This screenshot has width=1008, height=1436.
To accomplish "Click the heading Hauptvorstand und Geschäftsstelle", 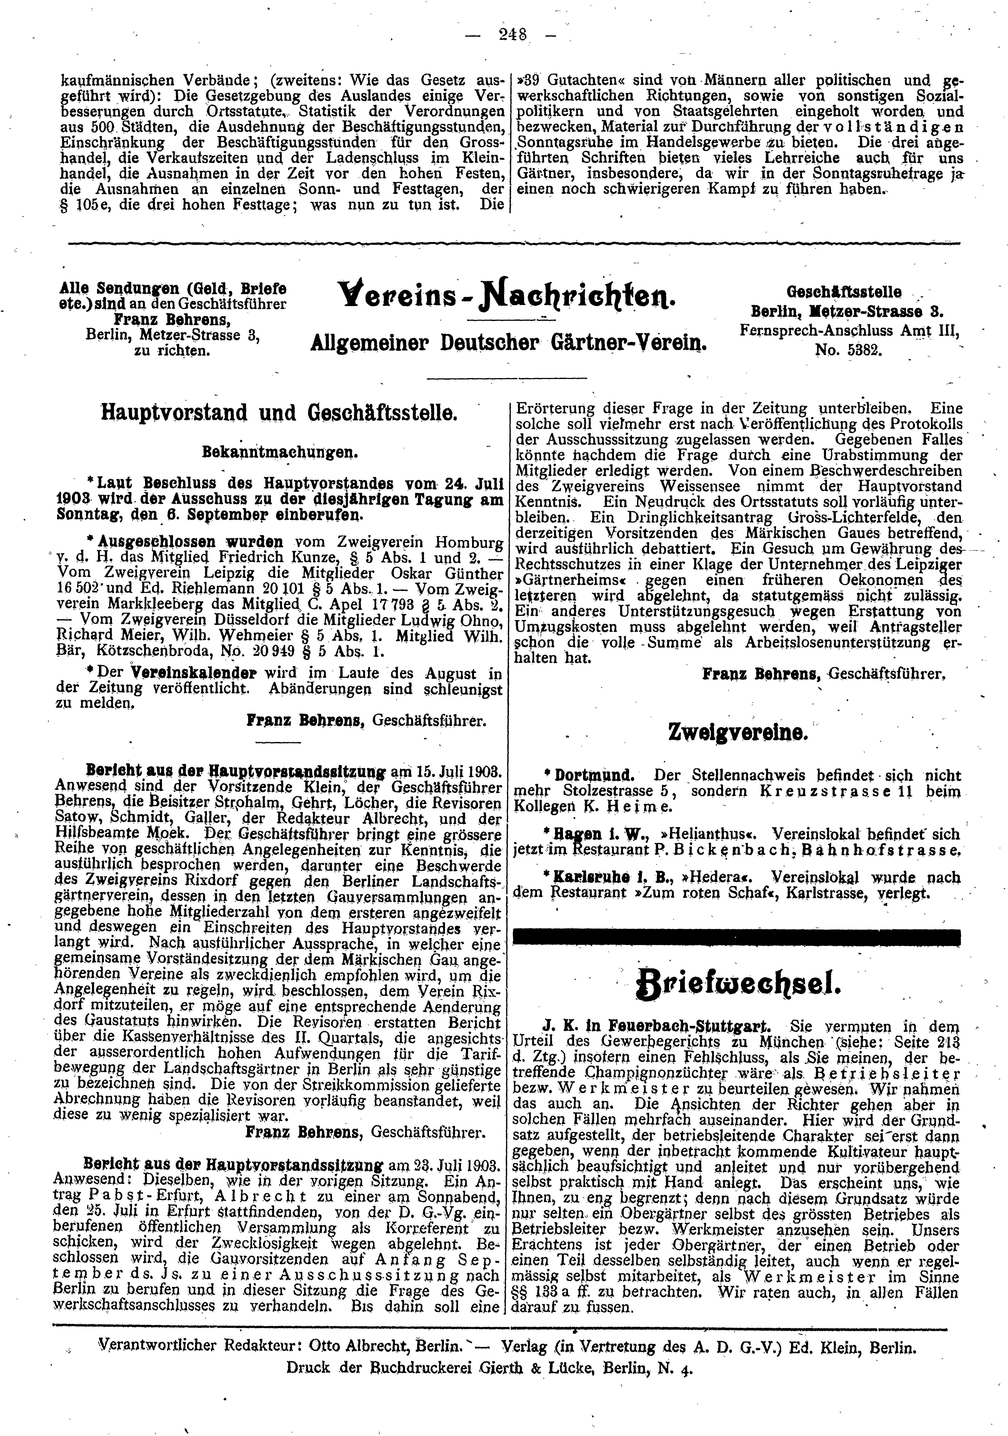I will (x=280, y=413).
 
